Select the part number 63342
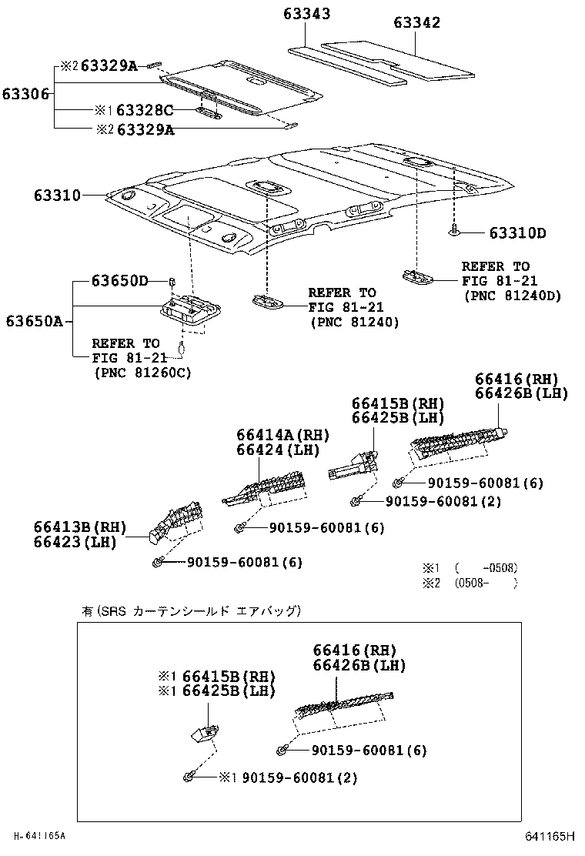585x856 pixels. click(416, 22)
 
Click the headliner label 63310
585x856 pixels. click(57, 196)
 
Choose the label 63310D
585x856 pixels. click(517, 232)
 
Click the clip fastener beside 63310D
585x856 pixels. click(454, 229)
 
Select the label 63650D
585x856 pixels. click(119, 281)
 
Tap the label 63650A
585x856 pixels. click(35, 321)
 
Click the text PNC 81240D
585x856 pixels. click(511, 296)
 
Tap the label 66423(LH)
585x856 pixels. click(74, 542)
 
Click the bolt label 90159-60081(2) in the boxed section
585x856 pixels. click(299, 777)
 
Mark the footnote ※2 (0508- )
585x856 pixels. click(470, 583)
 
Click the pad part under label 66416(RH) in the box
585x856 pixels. click(339, 702)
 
